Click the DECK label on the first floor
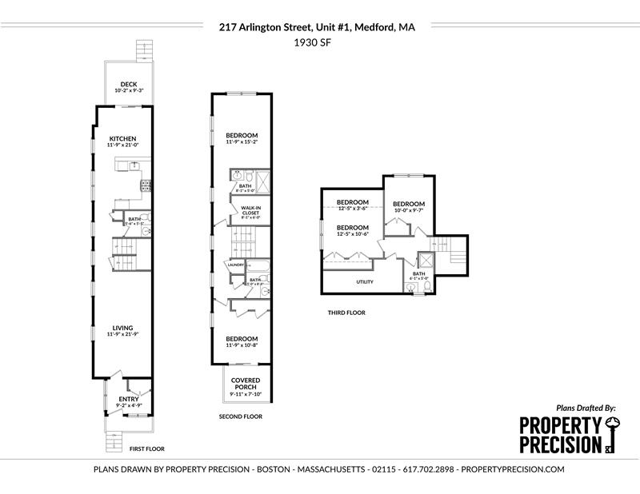[128, 84]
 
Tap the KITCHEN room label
[122, 138]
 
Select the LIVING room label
[122, 328]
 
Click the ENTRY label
[128, 399]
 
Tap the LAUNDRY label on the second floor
[236, 265]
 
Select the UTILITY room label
[365, 281]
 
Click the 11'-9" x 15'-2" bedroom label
[241, 134]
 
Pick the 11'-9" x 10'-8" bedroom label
[241, 339]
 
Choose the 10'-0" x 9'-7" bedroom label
[408, 204]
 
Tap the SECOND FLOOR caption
[240, 416]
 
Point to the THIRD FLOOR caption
[346, 313]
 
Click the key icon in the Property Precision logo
[611, 434]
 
